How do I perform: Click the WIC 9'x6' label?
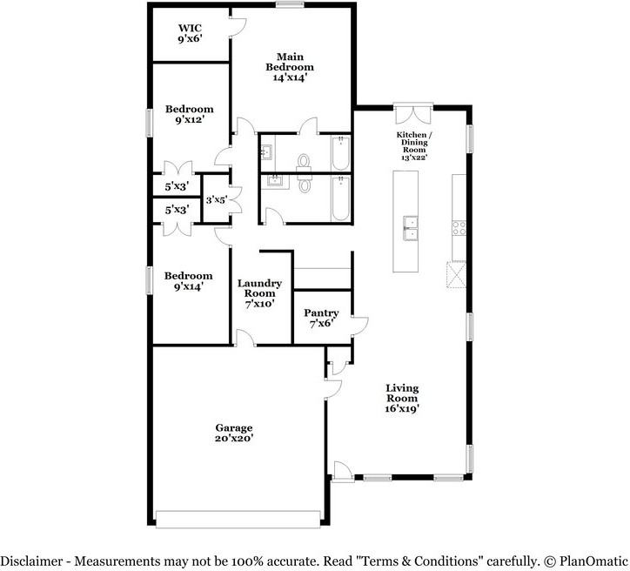tap(190, 33)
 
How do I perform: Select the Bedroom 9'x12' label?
tap(189, 115)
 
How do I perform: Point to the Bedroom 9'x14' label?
tap(189, 281)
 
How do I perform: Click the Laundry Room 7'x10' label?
tap(259, 293)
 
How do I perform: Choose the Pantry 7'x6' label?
tap(321, 319)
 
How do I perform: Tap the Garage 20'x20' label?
tap(234, 433)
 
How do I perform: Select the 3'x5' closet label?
tap(216, 199)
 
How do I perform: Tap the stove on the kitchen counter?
tap(459, 228)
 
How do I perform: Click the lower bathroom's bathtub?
tap(339, 198)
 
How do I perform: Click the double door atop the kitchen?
tap(412, 115)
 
